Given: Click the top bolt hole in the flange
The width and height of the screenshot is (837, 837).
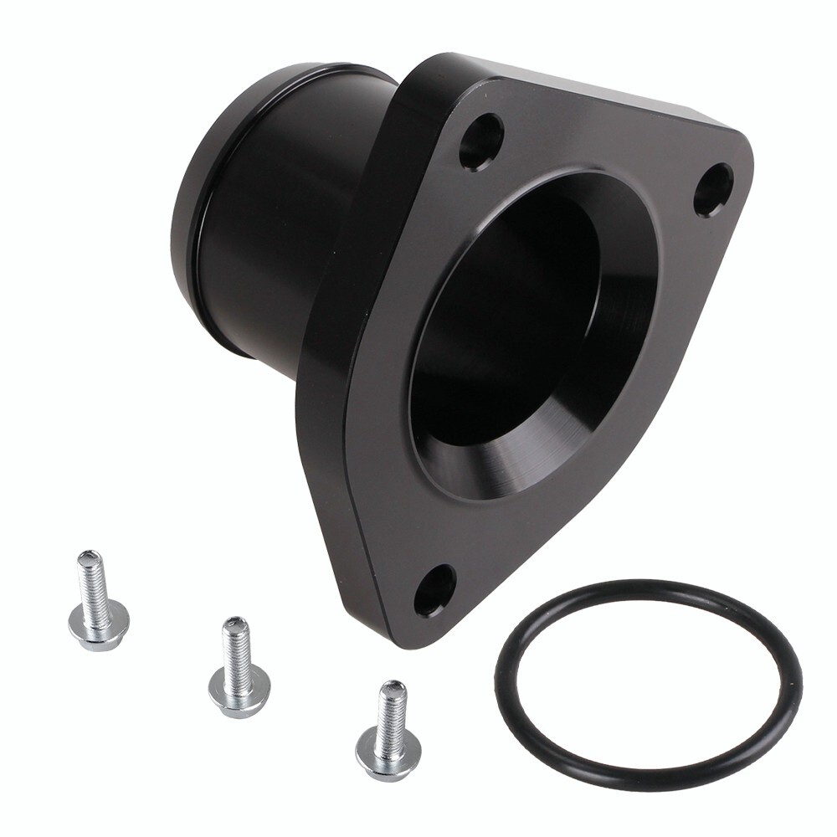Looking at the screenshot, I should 481,141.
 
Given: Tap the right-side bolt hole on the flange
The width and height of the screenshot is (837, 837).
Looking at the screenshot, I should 713,189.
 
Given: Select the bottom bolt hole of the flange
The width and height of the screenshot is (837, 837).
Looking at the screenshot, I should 434,590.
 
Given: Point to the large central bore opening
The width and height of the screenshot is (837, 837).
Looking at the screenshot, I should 502,326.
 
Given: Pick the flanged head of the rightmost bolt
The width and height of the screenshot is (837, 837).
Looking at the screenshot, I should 388,750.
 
